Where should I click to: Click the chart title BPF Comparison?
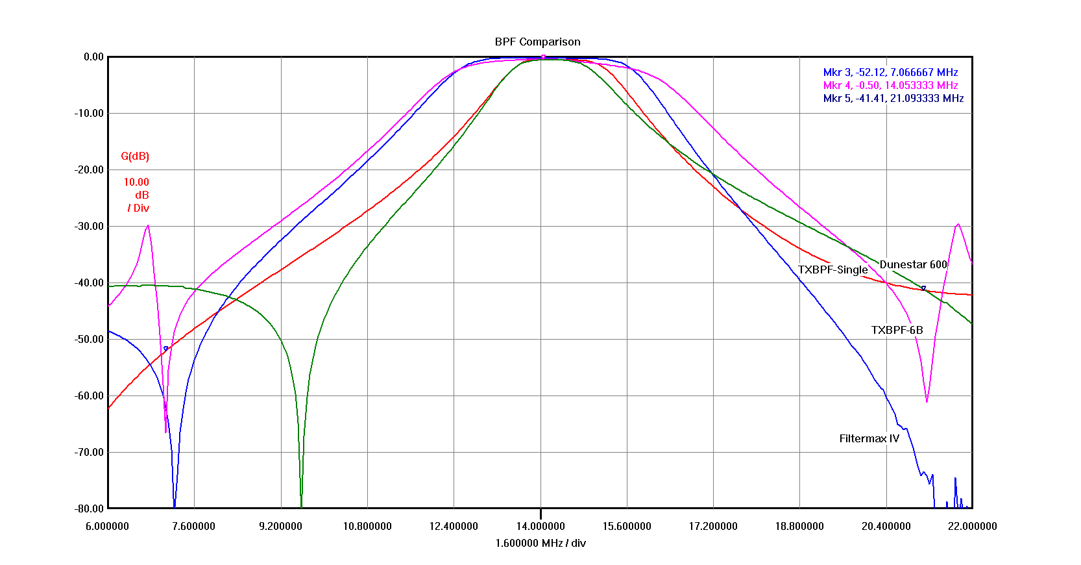pos(537,42)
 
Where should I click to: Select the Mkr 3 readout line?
pos(890,72)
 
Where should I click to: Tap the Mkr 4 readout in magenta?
pos(890,85)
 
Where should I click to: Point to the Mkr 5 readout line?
pos(893,98)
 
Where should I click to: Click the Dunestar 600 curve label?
pos(913,264)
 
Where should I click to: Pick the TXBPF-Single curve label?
pos(832,270)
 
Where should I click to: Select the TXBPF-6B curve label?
pos(897,330)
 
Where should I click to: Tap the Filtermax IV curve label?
pos(869,438)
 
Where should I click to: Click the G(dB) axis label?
pos(135,156)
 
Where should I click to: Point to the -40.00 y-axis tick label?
pos(88,282)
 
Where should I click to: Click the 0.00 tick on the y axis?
pos(93,56)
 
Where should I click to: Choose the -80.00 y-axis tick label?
pos(88,509)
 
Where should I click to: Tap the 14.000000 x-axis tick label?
pos(540,526)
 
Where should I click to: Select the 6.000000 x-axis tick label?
pos(108,526)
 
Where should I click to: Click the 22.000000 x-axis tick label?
pos(972,526)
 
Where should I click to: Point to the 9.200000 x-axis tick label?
pos(280,526)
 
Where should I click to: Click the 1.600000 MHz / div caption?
pos(540,543)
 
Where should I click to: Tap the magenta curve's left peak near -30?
pos(149,226)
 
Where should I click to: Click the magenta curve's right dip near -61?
pos(927,401)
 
